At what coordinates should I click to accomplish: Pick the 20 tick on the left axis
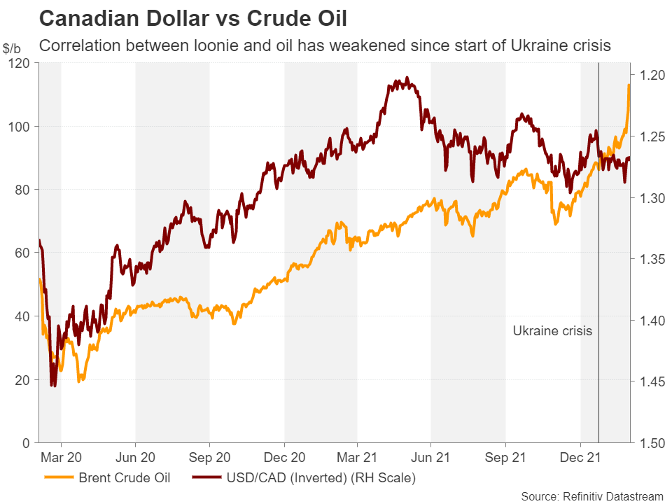pyautogui.click(x=24, y=380)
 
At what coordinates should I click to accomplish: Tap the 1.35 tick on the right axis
pyautogui.click(x=650, y=259)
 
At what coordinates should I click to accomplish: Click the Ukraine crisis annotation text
pyautogui.click(x=552, y=331)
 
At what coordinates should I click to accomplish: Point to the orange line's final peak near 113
pyautogui.click(x=629, y=85)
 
